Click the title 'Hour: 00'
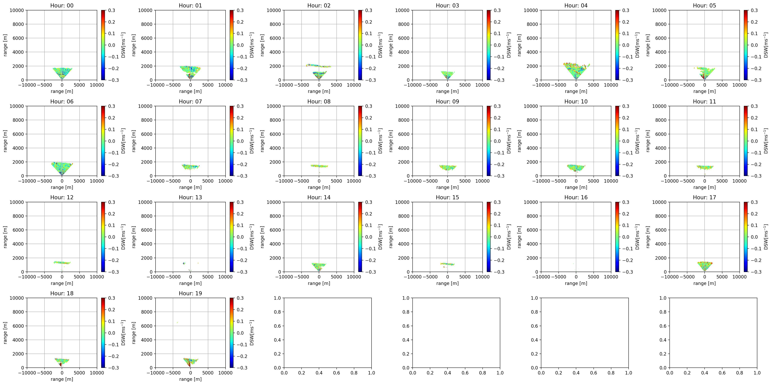click(62, 5)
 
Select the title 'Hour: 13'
click(190, 197)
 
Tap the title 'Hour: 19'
click(190, 293)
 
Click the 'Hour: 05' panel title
click(704, 5)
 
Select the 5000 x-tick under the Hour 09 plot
click(465, 181)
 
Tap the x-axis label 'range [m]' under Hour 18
click(62, 379)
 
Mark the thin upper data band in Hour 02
click(319, 65)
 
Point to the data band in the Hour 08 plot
click(319, 166)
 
